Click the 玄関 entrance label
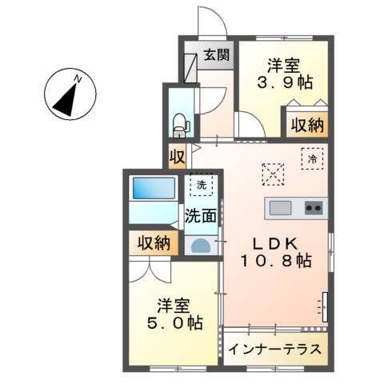click(x=214, y=56)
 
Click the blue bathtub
click(x=153, y=189)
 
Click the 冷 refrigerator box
click(x=312, y=158)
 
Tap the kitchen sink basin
click(x=280, y=208)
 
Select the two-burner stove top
click(x=313, y=209)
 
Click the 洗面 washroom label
click(x=201, y=214)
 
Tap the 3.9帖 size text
click(x=286, y=82)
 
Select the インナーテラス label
click(x=276, y=350)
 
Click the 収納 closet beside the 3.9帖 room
click(x=305, y=125)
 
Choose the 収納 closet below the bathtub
click(x=152, y=244)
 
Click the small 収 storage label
click(x=176, y=155)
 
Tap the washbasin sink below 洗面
click(x=201, y=245)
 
